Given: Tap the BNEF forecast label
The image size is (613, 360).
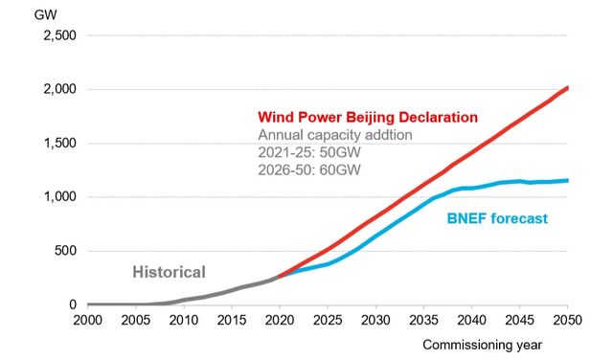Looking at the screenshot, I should (497, 218).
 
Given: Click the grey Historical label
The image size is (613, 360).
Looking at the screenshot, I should (169, 271).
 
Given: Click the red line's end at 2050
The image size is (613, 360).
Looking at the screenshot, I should (566, 88).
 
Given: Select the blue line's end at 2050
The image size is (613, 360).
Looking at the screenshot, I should (566, 180).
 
